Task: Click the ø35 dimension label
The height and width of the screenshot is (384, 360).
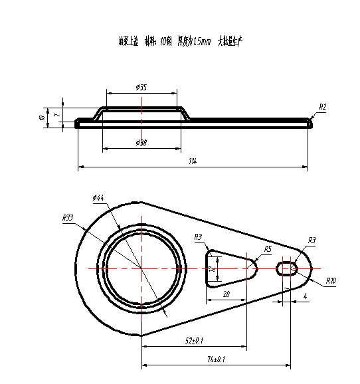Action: point(141,88)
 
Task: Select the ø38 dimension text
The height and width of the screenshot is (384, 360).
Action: point(141,143)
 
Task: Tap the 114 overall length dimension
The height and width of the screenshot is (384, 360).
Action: point(193,161)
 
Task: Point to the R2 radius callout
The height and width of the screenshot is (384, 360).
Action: point(323,107)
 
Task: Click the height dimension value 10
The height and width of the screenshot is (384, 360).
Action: point(42,118)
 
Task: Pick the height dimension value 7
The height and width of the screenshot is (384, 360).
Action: point(56,115)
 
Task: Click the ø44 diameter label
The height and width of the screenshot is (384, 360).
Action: point(98,197)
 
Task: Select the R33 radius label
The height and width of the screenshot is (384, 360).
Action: point(67,217)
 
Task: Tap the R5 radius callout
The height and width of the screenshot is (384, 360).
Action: point(268,248)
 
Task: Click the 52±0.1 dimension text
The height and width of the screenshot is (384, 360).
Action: point(194,341)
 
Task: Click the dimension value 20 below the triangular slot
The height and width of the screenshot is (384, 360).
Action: point(226,294)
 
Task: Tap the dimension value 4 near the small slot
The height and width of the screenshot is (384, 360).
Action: point(305,296)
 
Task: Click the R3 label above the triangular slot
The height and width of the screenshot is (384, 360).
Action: point(199,237)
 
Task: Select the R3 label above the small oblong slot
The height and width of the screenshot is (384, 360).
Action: point(312,240)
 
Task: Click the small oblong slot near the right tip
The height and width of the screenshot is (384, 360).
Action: point(287,268)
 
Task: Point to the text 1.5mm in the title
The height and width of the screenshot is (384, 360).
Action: point(200,42)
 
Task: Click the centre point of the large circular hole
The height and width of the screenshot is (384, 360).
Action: point(141,268)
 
